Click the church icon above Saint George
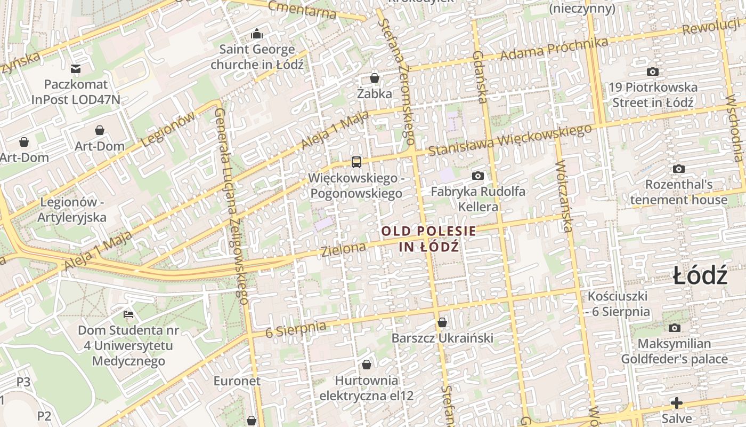pos(257,34)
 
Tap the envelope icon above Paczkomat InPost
pos(76,69)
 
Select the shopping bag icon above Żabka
pos(375,78)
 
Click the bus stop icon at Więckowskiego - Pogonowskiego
pos(356,162)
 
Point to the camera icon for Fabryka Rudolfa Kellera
pos(478,176)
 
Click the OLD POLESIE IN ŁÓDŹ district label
pos(429,239)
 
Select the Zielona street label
pos(344,249)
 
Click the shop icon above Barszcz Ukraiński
pos(442,322)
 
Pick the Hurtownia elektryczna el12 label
pos(367,388)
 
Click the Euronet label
pos(237,381)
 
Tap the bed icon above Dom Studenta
pos(128,314)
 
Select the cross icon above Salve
pos(677,403)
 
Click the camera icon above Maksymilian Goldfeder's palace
pos(675,328)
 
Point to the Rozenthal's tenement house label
pos(679,192)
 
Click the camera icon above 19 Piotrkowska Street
pos(652,72)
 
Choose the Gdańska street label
pos(480,77)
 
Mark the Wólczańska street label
pos(564,196)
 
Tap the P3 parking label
pos(23,382)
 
